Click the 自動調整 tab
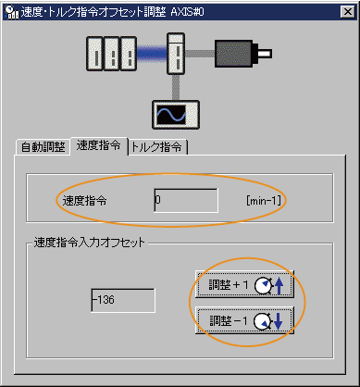click(43, 147)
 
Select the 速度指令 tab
click(100, 145)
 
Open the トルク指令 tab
click(157, 147)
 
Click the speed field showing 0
click(185, 200)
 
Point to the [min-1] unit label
click(264, 200)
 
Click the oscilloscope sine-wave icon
click(170, 115)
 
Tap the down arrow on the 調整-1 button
click(281, 320)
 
